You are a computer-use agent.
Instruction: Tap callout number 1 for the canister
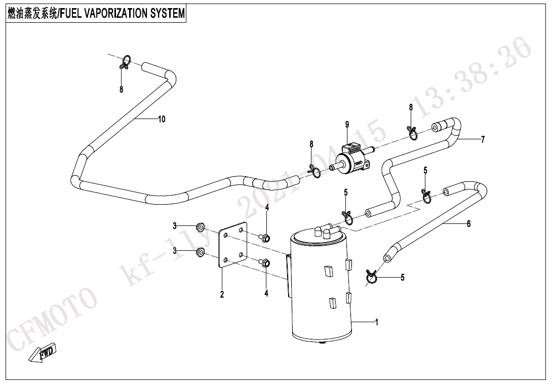point(376,322)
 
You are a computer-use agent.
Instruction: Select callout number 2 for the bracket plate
point(222,295)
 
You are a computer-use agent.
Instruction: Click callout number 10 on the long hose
point(162,120)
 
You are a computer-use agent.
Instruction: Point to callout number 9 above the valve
point(347,125)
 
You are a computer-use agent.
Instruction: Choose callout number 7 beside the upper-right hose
point(483,139)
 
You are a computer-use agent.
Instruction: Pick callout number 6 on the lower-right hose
point(469,223)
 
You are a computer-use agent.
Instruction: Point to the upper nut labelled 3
point(200,225)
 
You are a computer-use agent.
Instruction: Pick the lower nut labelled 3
point(201,251)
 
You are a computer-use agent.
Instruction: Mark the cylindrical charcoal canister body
point(321,289)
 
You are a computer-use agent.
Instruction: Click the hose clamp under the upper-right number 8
point(413,132)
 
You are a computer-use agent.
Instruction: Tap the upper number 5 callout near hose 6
point(425,171)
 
